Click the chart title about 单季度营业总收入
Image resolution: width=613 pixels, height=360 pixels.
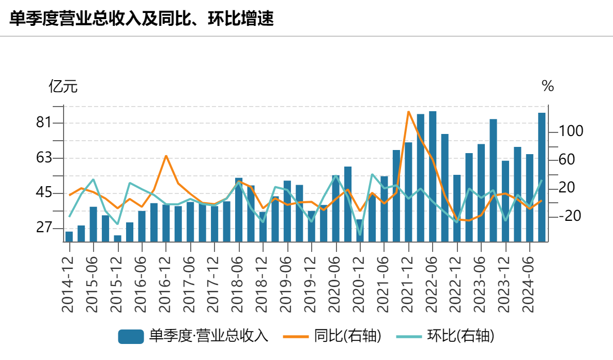(141, 19)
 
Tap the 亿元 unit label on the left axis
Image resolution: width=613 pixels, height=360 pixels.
(63, 86)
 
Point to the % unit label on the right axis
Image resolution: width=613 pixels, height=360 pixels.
(547, 86)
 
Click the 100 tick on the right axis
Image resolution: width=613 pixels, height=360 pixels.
(571, 131)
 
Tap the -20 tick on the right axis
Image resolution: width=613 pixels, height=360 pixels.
(571, 216)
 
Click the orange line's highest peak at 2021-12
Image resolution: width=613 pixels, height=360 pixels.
(408, 112)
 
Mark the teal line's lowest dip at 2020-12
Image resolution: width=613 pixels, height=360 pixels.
(360, 234)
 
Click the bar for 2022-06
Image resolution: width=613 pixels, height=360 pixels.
(433, 176)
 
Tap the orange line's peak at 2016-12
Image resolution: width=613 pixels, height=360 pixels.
(166, 156)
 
